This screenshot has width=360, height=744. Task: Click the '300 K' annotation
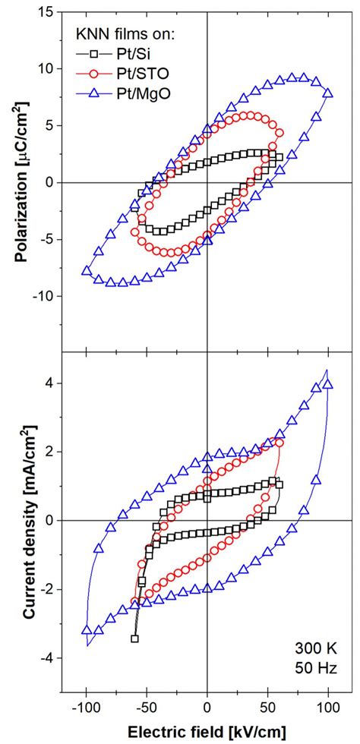[x=314, y=651]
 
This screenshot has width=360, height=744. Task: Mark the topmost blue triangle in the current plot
[x=327, y=384]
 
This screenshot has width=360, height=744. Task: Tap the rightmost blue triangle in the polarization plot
[x=328, y=93]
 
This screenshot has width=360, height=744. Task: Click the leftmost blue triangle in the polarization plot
[x=86, y=271]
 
